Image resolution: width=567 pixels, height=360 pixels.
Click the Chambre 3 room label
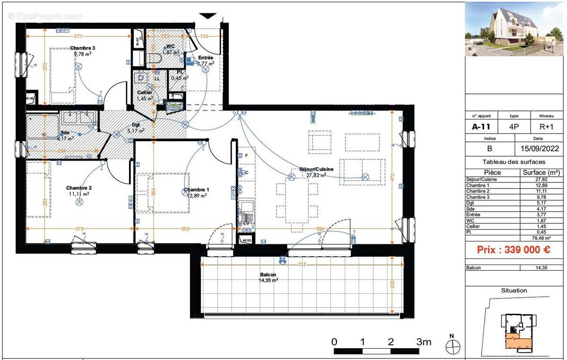coord(83,48)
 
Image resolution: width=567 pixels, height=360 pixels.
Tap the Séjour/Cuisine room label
coord(316,169)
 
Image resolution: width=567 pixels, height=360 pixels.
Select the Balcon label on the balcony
coord(268,274)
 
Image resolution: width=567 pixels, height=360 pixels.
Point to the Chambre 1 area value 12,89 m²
coord(196,196)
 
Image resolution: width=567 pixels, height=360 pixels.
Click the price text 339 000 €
coord(513,250)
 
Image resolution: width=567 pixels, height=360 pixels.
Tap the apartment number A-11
coord(481,127)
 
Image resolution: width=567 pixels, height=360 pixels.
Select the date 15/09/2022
coord(539,148)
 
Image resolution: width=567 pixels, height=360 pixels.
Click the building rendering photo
coord(514,29)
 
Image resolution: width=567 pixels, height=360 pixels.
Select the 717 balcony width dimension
coord(302,265)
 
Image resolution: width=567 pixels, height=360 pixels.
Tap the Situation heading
coord(514,291)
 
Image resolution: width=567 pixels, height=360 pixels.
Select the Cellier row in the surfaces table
coord(513,226)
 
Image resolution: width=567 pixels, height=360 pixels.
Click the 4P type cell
coord(514,127)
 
